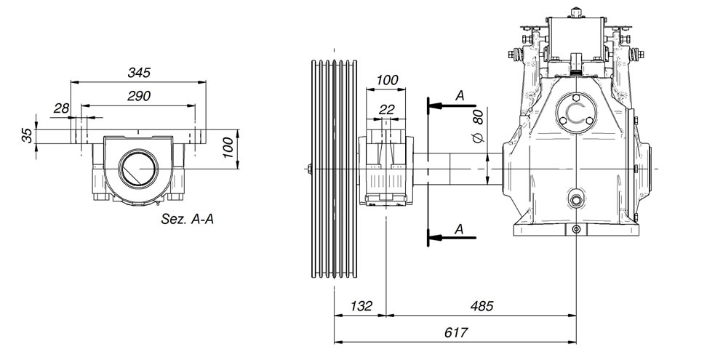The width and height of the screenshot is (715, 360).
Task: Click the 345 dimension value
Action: point(139,73)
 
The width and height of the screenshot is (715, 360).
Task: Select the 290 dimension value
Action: point(139,96)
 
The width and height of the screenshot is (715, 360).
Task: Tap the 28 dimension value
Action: point(62,108)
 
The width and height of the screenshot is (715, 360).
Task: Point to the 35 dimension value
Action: point(28,135)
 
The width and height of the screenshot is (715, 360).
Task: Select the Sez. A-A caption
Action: point(188,219)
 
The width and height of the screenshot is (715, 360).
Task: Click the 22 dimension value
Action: point(386,109)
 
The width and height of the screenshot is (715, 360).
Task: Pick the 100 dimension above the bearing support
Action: point(387,80)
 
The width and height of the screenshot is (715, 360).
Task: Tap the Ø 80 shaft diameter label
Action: point(478,127)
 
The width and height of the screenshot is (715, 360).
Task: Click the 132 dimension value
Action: point(362,305)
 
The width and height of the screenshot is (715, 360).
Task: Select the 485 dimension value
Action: point(482,305)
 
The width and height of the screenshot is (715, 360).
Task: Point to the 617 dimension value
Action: point(456,332)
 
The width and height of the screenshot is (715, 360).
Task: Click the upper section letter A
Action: point(460,96)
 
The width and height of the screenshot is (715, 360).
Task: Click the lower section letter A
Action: point(459,229)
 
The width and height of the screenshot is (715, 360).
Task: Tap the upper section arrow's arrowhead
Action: point(436,106)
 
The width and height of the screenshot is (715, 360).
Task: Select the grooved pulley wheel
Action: point(334,169)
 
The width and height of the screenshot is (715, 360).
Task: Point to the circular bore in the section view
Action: point(139,168)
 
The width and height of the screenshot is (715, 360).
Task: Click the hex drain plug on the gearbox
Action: point(576,199)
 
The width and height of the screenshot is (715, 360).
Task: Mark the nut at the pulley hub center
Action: point(309,169)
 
